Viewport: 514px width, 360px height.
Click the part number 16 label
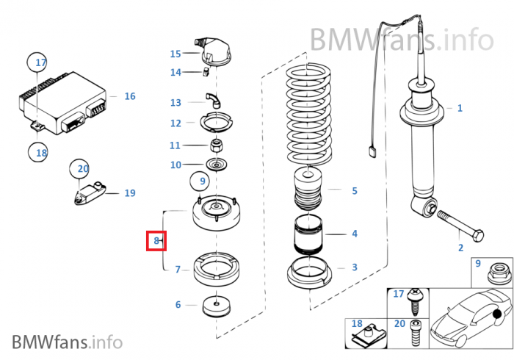point(129,96)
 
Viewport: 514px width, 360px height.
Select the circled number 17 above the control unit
point(40,62)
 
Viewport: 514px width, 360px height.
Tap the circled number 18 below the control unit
point(40,153)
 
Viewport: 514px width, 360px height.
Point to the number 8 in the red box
point(156,240)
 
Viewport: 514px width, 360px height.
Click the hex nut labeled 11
point(217,144)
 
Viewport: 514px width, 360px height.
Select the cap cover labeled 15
point(212,52)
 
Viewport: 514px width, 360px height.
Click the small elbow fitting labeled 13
point(211,98)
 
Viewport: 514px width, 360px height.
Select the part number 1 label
point(460,108)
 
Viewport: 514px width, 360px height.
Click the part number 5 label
point(354,191)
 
